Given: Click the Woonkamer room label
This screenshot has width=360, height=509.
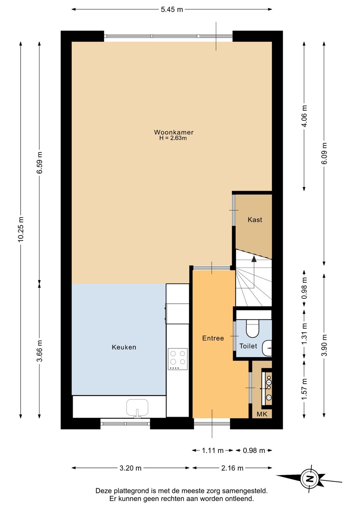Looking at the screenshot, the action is coord(174,132).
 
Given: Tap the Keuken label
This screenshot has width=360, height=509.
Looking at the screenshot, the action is coord(124,347).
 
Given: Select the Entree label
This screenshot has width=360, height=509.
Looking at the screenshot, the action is coord(213,338).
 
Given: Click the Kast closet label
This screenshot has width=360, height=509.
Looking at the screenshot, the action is coord(255,220).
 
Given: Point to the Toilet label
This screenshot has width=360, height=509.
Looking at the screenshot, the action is coord(248,346).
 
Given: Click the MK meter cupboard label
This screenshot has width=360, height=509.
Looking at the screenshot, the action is coord(262,414).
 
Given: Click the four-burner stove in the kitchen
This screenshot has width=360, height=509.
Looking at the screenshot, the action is coord(178,359).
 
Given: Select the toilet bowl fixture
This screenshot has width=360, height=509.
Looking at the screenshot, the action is coord(252,328).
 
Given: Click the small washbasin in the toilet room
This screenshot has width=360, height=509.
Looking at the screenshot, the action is coord(267,348).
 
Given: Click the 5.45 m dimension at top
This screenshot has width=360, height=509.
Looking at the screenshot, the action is coord(172,10).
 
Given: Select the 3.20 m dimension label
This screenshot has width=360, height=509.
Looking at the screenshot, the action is coord(130,468).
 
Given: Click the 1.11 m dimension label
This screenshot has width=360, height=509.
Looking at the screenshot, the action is coord(213,450).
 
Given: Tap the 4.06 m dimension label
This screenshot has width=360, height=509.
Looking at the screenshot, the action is coord(304,116).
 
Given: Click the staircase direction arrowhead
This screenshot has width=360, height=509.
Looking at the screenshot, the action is coord(254,259).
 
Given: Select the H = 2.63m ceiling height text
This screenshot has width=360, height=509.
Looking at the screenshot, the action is coord(173,138).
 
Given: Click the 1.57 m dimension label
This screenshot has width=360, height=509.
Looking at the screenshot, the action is coord(304,389).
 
